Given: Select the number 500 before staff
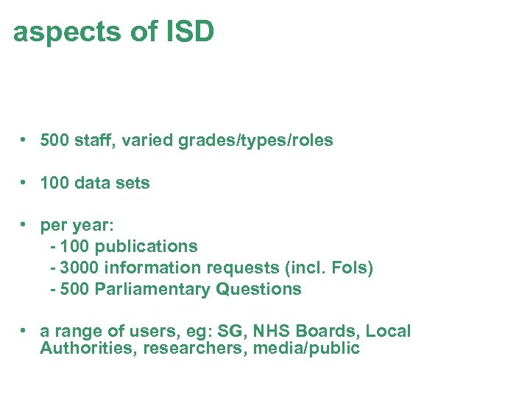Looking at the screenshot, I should [x=55, y=140].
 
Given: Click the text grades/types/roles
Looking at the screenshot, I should [x=255, y=140].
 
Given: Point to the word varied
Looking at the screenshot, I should [x=147, y=140].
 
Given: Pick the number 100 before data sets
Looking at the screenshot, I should [x=55, y=183].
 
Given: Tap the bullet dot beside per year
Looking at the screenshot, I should [x=24, y=226].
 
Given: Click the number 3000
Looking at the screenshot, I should [x=76, y=268].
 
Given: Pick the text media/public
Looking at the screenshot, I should [x=306, y=348].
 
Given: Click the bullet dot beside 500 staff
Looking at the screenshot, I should [x=24, y=140].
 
